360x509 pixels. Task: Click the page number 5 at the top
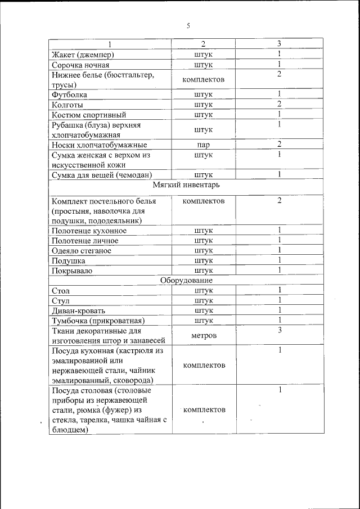click(x=188, y=25)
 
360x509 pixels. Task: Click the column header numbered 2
click(x=204, y=44)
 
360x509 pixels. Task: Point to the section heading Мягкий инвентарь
click(x=186, y=184)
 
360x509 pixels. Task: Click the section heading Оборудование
click(x=186, y=280)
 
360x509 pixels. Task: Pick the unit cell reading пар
click(x=204, y=145)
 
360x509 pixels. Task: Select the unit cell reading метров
click(x=204, y=335)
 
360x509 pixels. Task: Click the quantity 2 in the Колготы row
click(x=279, y=104)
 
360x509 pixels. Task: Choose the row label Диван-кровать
click(x=78, y=310)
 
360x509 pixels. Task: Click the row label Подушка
click(x=69, y=261)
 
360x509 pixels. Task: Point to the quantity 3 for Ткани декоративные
click(x=279, y=330)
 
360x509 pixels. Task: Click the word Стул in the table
click(x=60, y=300)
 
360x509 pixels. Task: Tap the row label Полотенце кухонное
click(x=89, y=231)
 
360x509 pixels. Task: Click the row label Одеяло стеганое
click(x=82, y=251)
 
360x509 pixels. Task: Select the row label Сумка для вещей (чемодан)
click(x=102, y=174)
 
